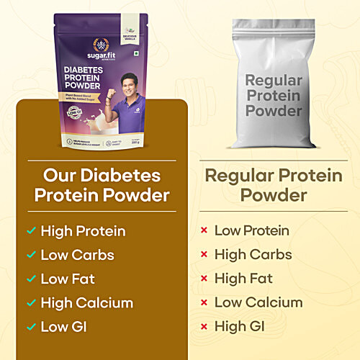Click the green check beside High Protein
click(30, 231)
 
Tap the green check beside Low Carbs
click(30, 255)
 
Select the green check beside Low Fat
click(30, 279)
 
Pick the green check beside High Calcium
click(30, 303)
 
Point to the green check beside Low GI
click(30, 327)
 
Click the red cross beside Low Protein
click(204, 231)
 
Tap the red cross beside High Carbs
click(204, 255)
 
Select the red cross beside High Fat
click(204, 279)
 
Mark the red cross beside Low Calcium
click(204, 303)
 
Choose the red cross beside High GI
click(204, 327)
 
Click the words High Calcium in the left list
click(87, 303)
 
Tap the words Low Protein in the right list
click(251, 231)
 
